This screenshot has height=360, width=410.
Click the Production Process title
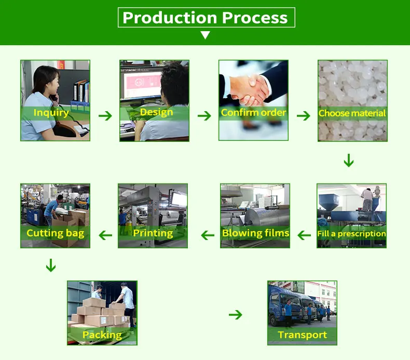click(x=206, y=18)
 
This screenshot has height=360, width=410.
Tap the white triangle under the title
click(x=206, y=35)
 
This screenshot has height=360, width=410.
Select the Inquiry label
click(x=51, y=112)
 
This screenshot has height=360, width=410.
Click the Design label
click(x=156, y=112)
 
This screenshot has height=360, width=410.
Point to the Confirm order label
click(x=253, y=112)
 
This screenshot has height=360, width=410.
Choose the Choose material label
click(x=352, y=113)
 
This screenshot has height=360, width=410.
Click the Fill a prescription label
click(x=352, y=234)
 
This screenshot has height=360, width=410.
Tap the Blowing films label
click(x=255, y=233)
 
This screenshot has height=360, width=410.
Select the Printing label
click(x=153, y=233)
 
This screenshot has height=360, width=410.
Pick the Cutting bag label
click(x=56, y=233)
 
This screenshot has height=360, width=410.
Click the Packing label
click(x=102, y=335)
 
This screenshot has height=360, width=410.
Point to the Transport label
click(x=303, y=335)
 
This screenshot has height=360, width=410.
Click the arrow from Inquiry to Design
click(x=105, y=115)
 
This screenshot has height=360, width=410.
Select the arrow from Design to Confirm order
click(x=204, y=115)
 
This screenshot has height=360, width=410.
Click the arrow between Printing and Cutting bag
click(x=106, y=235)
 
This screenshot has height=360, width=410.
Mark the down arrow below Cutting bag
click(x=50, y=265)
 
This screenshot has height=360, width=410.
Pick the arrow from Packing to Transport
click(x=236, y=314)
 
